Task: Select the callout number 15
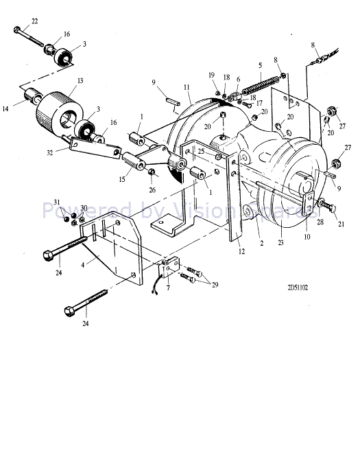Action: click(x=122, y=180)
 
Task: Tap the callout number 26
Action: click(x=152, y=190)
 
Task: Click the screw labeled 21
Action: click(x=328, y=205)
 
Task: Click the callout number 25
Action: click(x=201, y=150)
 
